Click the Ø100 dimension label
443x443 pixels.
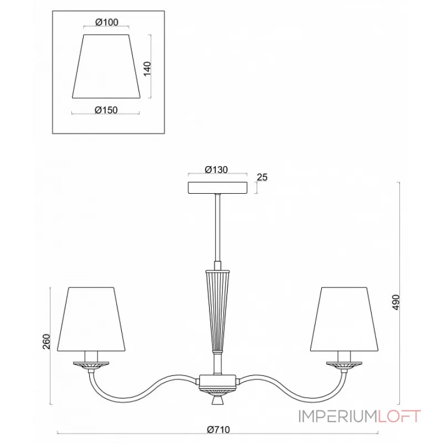tap(106, 22)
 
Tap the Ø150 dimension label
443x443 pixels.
tap(106, 110)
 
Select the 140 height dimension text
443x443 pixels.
tap(147, 68)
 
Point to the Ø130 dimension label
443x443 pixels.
tap(216, 169)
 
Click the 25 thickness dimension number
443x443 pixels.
tap(262, 177)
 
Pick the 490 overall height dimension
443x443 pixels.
tap(396, 302)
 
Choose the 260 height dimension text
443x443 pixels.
tap(47, 341)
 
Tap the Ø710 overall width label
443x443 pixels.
tap(218, 430)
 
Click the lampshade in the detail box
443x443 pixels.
tap(106, 66)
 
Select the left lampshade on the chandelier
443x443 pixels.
tap(91, 320)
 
